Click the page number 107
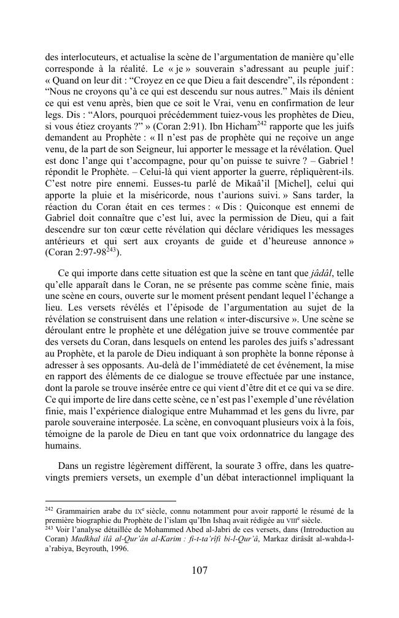pos(199,571)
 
